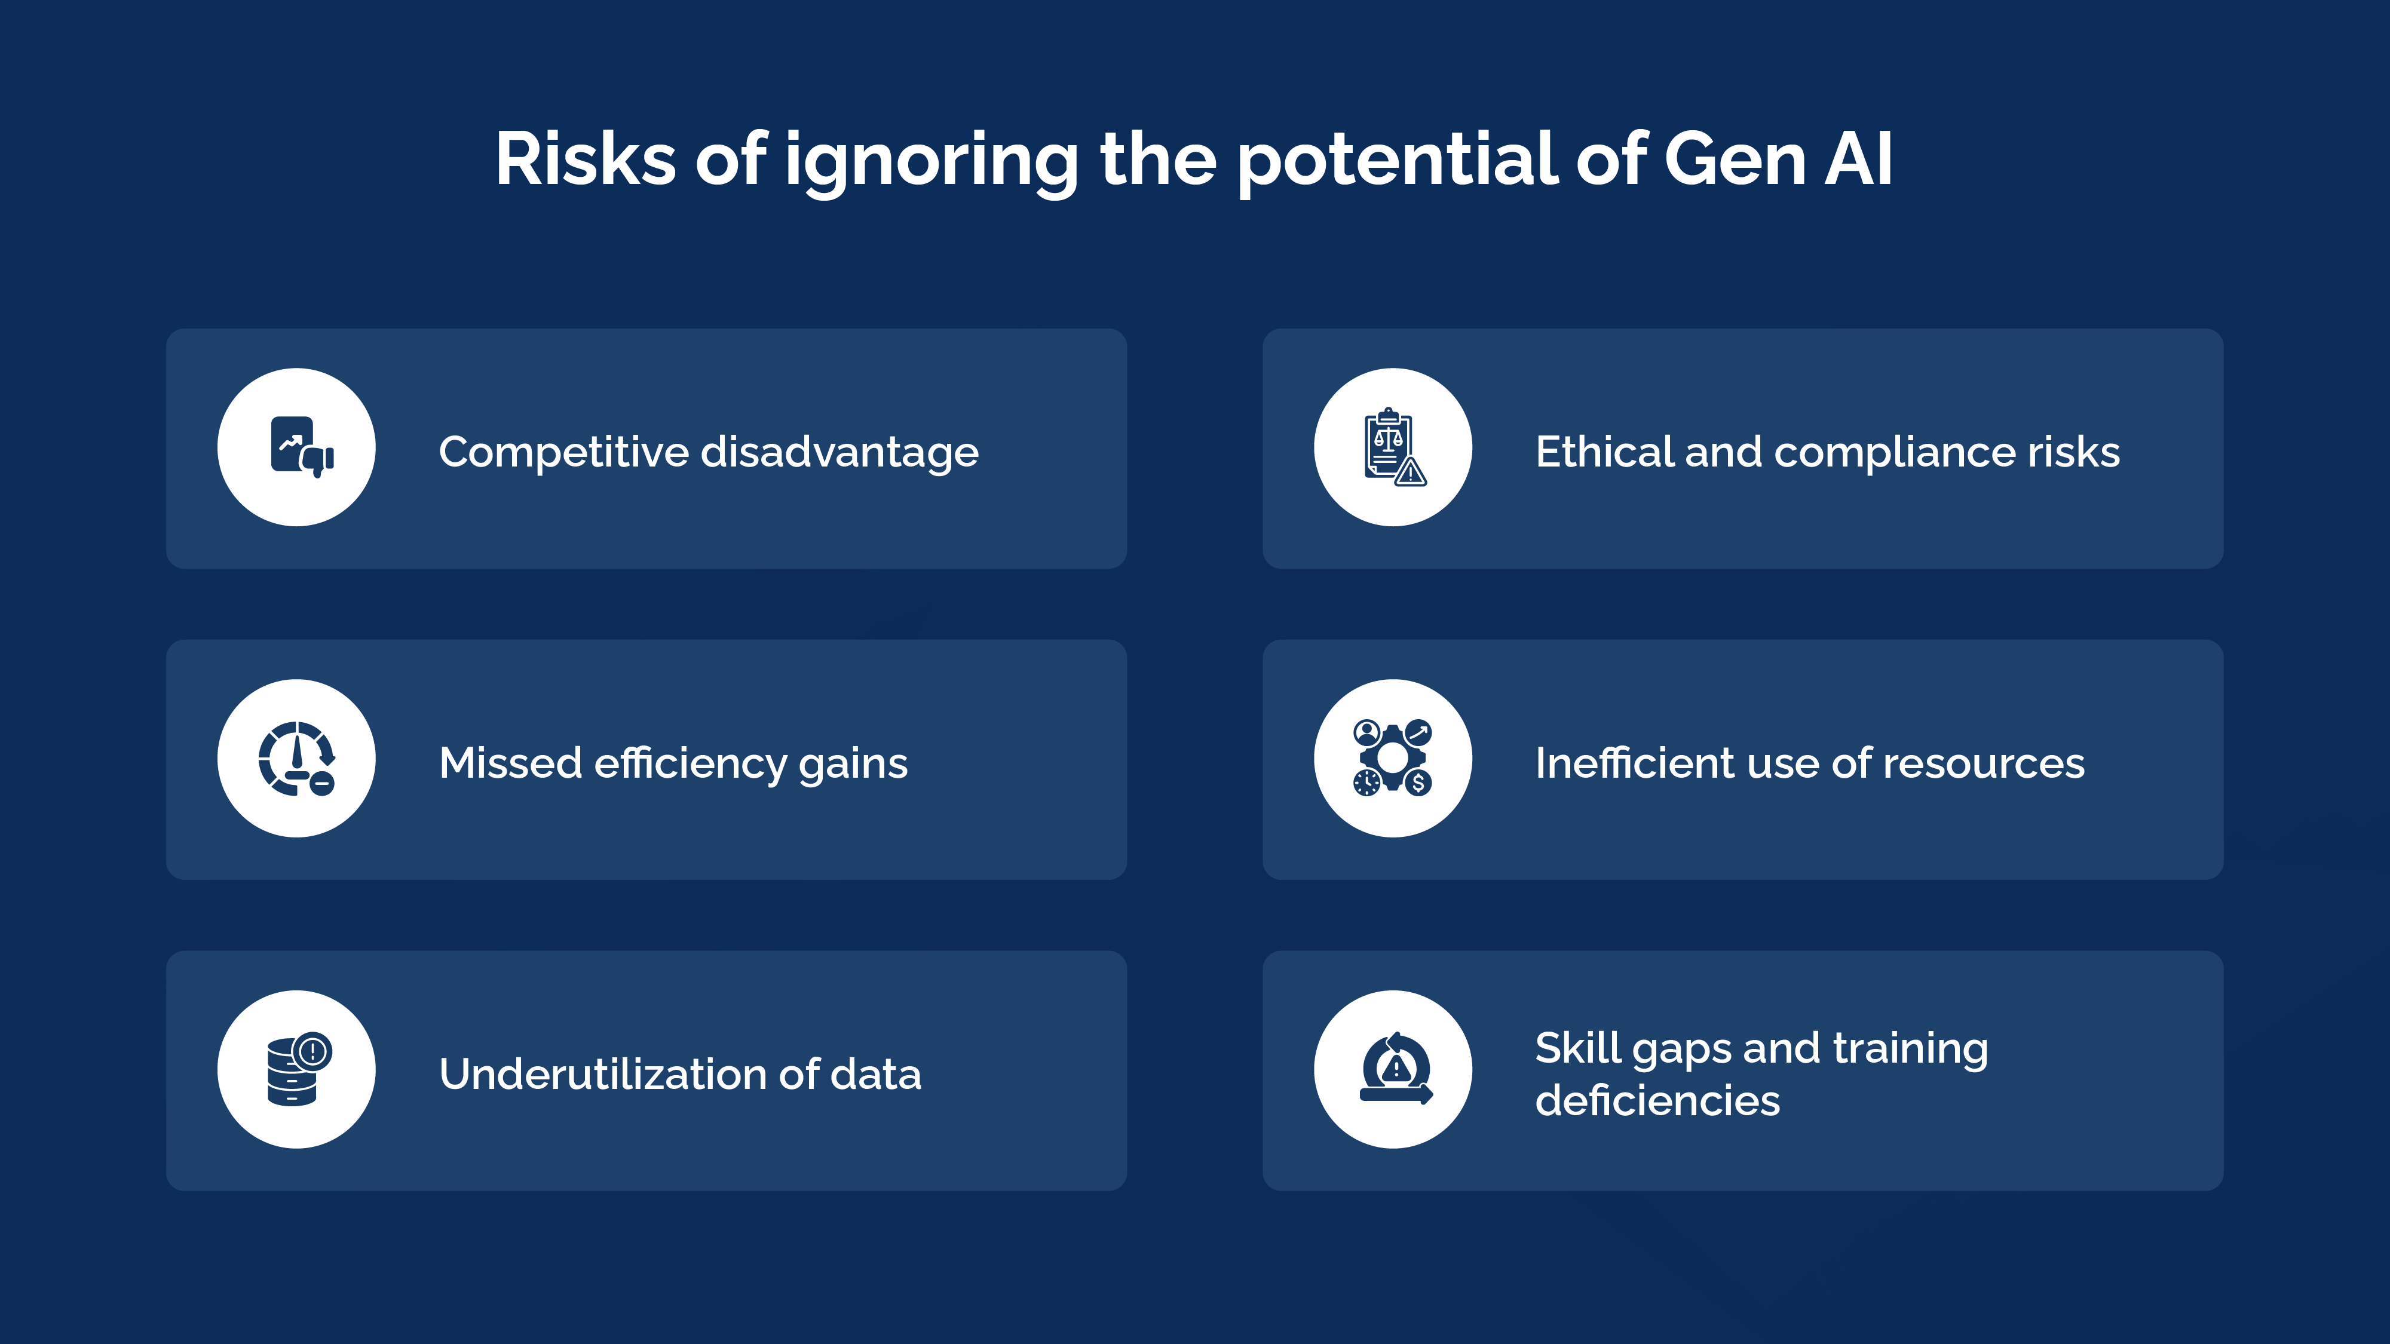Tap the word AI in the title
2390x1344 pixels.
1858,159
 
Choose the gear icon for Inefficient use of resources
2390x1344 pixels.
1393,758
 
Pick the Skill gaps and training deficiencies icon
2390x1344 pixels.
1393,1069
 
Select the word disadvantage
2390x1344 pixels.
839,453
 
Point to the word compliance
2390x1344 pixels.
1895,453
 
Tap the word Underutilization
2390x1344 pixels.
602,1074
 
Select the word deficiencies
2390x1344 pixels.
1657,1101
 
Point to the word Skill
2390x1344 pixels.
1577,1048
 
